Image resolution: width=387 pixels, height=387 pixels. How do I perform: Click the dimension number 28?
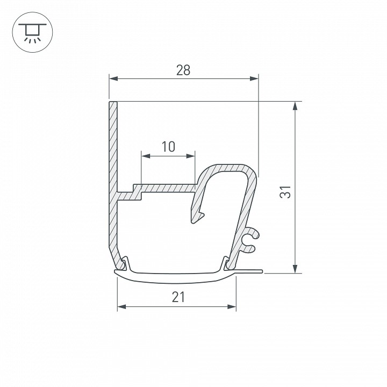coord(183,70)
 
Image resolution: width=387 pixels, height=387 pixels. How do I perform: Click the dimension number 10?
coord(168,146)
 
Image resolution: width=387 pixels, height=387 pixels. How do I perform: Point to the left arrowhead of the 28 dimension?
coord(113,79)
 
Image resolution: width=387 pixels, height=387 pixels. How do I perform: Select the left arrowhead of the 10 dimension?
coord(145,156)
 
